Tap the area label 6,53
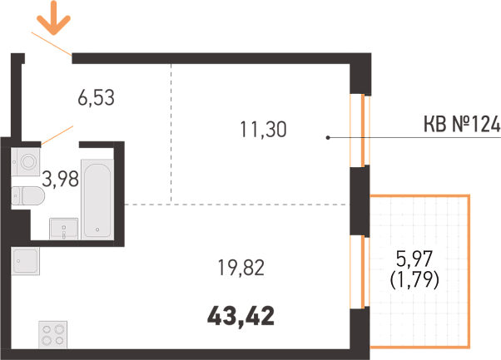(x=97, y=98)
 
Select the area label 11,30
(x=263, y=130)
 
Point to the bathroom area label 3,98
(x=61, y=179)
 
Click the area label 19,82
(x=241, y=268)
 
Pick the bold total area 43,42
(x=241, y=316)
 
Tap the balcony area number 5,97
(x=414, y=259)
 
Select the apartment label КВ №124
(x=462, y=124)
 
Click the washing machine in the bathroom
(x=26, y=161)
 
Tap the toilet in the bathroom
(x=27, y=195)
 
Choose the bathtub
(x=97, y=200)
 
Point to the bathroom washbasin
(x=63, y=229)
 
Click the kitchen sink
(x=26, y=261)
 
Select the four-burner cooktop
(x=53, y=335)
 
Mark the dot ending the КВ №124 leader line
(x=328, y=138)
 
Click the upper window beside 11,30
(x=360, y=131)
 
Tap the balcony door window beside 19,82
(x=360, y=272)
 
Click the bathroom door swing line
(x=57, y=136)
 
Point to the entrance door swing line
(x=52, y=44)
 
